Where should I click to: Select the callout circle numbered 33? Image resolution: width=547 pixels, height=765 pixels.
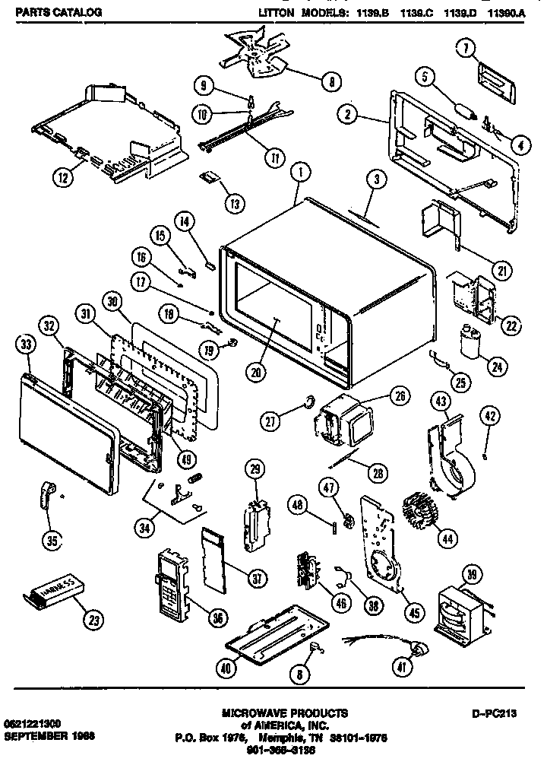point(27,344)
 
